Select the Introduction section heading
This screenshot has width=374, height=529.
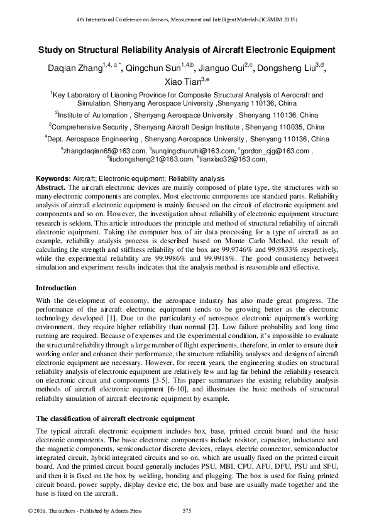pyautogui.click(x=56, y=288)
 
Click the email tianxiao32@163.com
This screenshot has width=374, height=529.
pyautogui.click(x=233, y=160)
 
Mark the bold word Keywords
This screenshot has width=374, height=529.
pyautogui.click(x=53, y=179)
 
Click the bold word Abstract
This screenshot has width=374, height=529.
pyautogui.click(x=50, y=187)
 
